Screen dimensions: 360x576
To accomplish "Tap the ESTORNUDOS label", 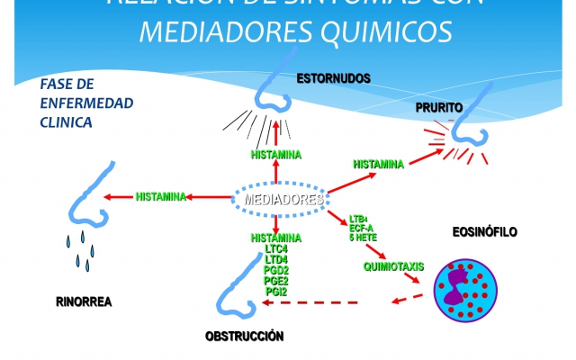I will tap(334, 79).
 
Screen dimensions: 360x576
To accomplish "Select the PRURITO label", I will tap(439, 107).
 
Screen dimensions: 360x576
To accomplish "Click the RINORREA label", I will tap(84, 301).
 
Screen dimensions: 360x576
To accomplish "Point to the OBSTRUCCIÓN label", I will tap(245, 337).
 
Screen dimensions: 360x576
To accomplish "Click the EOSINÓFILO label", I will tap(484, 231).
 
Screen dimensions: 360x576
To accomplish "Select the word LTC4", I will tap(276, 248).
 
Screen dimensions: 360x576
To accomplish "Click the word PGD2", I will tap(276, 270).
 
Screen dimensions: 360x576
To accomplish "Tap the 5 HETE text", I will tap(364, 238).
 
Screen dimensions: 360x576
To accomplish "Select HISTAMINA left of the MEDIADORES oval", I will tap(161, 196).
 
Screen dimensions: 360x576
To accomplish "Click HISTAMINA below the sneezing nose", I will tap(276, 155).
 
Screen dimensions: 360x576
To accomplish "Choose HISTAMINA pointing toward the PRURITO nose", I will tap(378, 164).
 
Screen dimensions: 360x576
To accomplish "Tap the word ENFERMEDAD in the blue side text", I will tap(86, 103).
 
